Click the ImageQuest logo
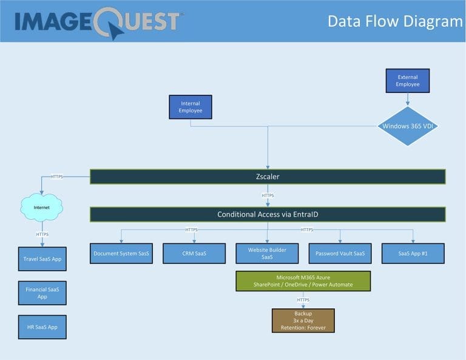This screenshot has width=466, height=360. pos(97,21)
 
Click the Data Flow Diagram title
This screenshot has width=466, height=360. pos(394,21)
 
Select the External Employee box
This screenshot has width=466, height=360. pos(408,81)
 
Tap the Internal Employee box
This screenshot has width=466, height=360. pos(191,107)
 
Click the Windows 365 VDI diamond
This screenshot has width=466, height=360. pos(408,126)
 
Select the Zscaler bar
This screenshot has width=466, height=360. pos(268,177)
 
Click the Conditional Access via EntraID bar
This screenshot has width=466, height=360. pos(268,214)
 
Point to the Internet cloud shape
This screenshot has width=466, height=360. pos(41,208)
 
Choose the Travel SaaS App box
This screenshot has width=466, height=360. pos(42,259)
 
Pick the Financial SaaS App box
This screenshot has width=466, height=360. pos(42,293)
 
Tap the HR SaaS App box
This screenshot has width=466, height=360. pos(42,327)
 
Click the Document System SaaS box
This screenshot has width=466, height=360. pos(121,253)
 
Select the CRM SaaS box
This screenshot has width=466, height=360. pos(194,253)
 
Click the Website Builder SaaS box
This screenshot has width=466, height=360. pos(267,253)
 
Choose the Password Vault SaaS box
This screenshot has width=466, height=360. pos(340,253)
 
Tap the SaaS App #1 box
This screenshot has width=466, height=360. pos(413,253)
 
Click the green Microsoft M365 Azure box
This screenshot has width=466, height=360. pos(303,281)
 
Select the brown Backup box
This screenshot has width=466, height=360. pos(303,321)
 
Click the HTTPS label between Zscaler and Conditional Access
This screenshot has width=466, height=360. pos(268,195)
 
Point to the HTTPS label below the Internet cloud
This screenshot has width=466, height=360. pos(42,234)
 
